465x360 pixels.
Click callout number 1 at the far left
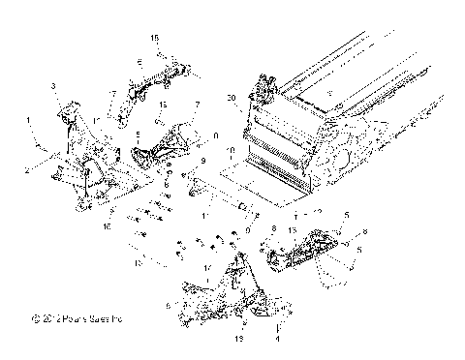pos(30,121)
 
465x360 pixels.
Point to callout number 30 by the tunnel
pos(230,99)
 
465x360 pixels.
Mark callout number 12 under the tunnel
pos(317,210)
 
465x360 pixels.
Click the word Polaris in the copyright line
pos(71,316)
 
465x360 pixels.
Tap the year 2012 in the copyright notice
pos(48,316)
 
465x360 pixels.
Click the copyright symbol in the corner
pos(35,316)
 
